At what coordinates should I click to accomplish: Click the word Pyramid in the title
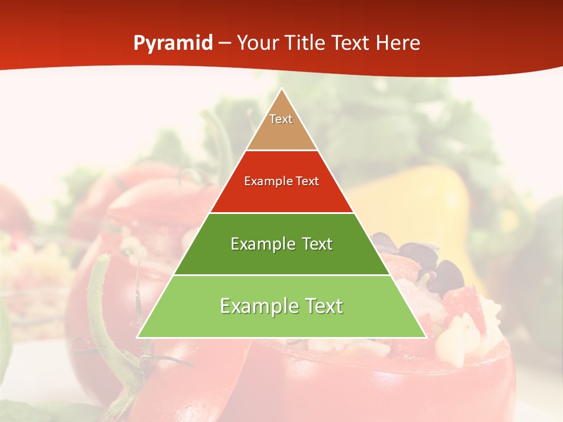(x=173, y=43)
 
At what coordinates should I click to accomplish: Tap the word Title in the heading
(x=306, y=43)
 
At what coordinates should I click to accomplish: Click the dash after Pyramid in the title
(x=225, y=44)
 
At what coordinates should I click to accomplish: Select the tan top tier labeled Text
(x=281, y=126)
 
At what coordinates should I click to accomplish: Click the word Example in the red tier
(x=263, y=181)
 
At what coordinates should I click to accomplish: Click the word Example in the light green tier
(x=256, y=306)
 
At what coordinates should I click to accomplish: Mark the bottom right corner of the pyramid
(x=425, y=337)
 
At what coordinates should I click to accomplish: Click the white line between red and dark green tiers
(x=282, y=213)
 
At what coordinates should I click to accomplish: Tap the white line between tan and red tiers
(x=282, y=151)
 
